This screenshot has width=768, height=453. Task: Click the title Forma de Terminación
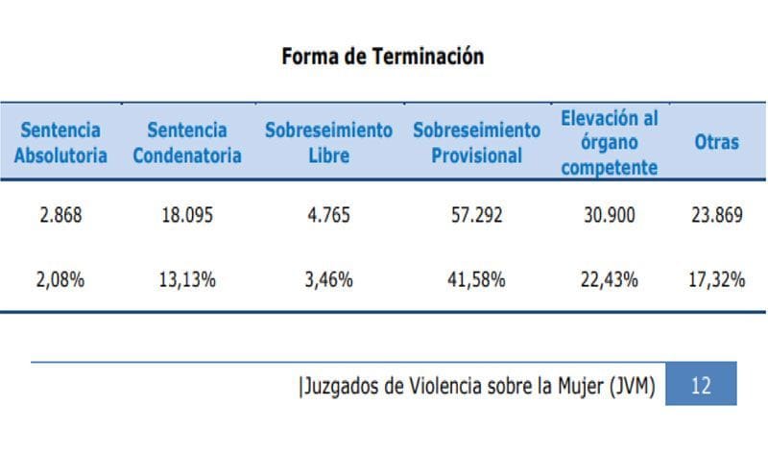click(382, 57)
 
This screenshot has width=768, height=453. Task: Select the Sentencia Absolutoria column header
click(60, 142)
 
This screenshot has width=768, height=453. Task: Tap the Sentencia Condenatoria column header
click(187, 142)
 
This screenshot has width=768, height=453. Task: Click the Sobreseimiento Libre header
click(328, 142)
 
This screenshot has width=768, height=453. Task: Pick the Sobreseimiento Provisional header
click(476, 142)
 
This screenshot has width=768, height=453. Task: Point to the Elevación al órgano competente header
click(609, 142)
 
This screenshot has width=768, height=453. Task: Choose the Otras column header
click(716, 142)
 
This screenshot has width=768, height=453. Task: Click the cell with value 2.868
click(60, 216)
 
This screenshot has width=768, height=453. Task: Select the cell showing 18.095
click(187, 216)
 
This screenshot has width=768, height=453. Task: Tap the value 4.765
click(328, 216)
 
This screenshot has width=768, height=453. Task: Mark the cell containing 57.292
click(476, 216)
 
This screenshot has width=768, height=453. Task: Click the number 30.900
click(609, 216)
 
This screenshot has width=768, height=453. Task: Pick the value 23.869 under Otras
click(716, 216)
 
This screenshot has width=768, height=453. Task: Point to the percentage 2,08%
click(60, 280)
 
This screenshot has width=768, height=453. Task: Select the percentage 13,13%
click(187, 280)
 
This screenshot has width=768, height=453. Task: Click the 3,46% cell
click(328, 280)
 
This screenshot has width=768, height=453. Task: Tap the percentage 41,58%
click(476, 280)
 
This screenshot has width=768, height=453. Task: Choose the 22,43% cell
click(609, 280)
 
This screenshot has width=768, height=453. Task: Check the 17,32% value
click(716, 280)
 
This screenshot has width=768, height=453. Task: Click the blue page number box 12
click(701, 386)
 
